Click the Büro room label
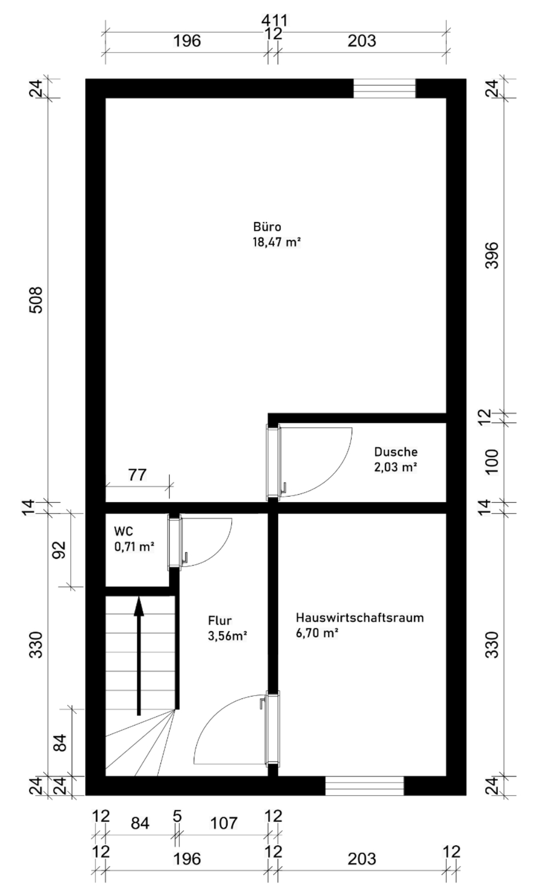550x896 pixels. pos(267,227)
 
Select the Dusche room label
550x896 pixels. pos(396,452)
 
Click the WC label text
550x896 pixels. pos(123,531)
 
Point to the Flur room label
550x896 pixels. pos(220,620)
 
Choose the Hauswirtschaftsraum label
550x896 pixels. pos(360,618)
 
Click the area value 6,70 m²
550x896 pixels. pos(317,633)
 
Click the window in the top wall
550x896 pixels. pos(384,89)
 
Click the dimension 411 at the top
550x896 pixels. pos(275,21)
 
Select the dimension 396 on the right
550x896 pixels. pos(492,255)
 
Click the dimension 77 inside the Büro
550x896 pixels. pos(137,475)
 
